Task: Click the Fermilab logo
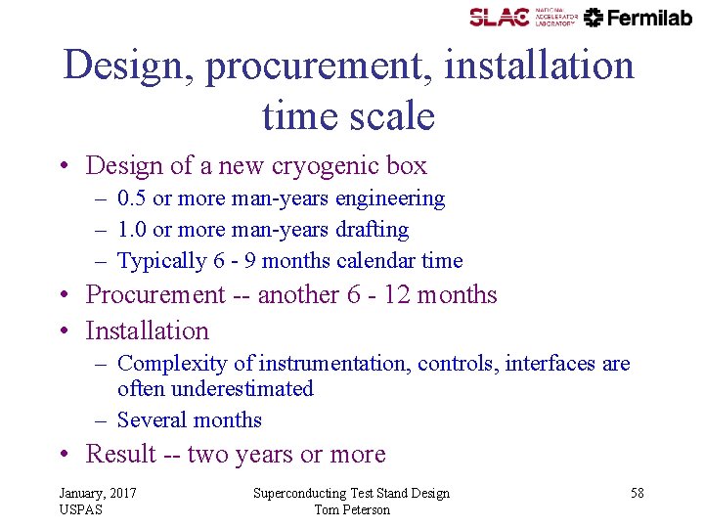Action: click(638, 17)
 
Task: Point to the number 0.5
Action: click(132, 198)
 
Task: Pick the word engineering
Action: click(390, 198)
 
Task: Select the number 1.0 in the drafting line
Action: click(132, 230)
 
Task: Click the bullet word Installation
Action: click(148, 331)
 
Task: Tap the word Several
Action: click(151, 420)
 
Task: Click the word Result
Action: click(121, 455)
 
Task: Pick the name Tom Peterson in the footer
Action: click(351, 509)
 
